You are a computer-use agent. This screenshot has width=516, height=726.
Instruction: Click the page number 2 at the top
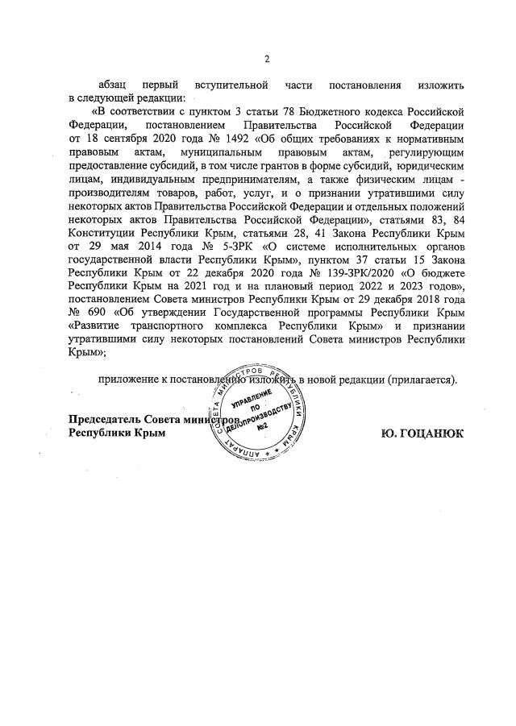pyautogui.click(x=266, y=58)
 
